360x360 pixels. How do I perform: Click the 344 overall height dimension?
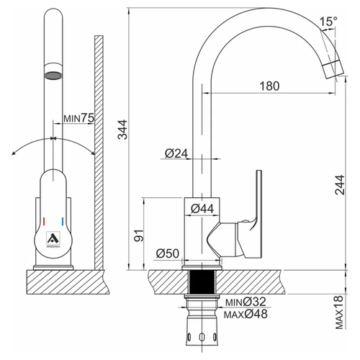click(123, 130)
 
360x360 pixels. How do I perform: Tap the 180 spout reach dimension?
click(270, 86)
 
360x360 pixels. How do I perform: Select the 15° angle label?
click(328, 22)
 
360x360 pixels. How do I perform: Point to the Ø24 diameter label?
click(176, 153)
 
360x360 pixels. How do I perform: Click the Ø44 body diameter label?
click(202, 209)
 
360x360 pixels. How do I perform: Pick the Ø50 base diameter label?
click(168, 253)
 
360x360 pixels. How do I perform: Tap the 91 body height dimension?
click(139, 235)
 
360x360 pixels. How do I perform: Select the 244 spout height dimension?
click(340, 185)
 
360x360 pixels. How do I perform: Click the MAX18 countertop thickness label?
click(339, 312)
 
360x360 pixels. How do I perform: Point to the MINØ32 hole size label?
click(246, 302)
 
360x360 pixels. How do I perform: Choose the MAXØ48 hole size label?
click(246, 314)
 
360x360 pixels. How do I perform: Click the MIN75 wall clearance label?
click(78, 118)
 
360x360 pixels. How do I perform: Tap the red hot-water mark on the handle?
click(44, 222)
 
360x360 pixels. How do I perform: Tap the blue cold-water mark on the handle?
click(63, 222)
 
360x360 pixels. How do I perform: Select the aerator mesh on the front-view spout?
click(53, 76)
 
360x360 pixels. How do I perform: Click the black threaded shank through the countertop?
click(202, 282)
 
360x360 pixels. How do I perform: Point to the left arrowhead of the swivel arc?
click(14, 153)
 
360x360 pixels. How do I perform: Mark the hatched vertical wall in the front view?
click(99, 153)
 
